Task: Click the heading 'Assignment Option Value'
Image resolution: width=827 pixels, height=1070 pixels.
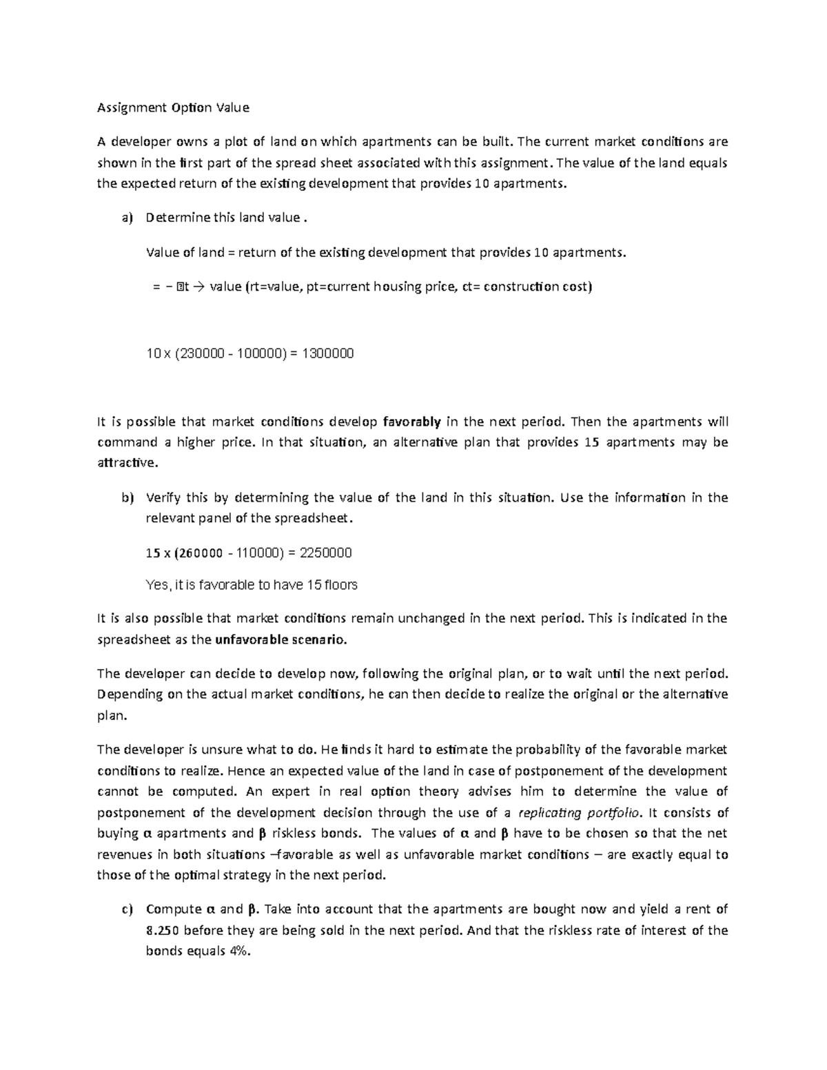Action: click(x=173, y=107)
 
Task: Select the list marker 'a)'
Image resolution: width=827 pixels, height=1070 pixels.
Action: click(x=126, y=218)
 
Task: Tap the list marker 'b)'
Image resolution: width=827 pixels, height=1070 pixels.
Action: click(x=126, y=497)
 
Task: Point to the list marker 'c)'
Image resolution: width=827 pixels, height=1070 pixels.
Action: click(x=126, y=909)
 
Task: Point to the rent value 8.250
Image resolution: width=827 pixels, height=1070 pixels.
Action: click(x=162, y=930)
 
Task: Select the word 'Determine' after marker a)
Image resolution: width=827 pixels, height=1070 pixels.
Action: click(x=173, y=218)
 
